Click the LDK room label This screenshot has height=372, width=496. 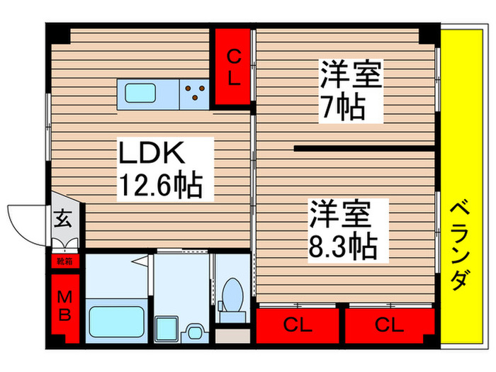(x=150, y=153)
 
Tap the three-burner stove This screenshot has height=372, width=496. (x=196, y=89)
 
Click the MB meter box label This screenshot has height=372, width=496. (x=64, y=305)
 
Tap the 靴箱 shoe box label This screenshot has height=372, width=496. (x=64, y=260)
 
